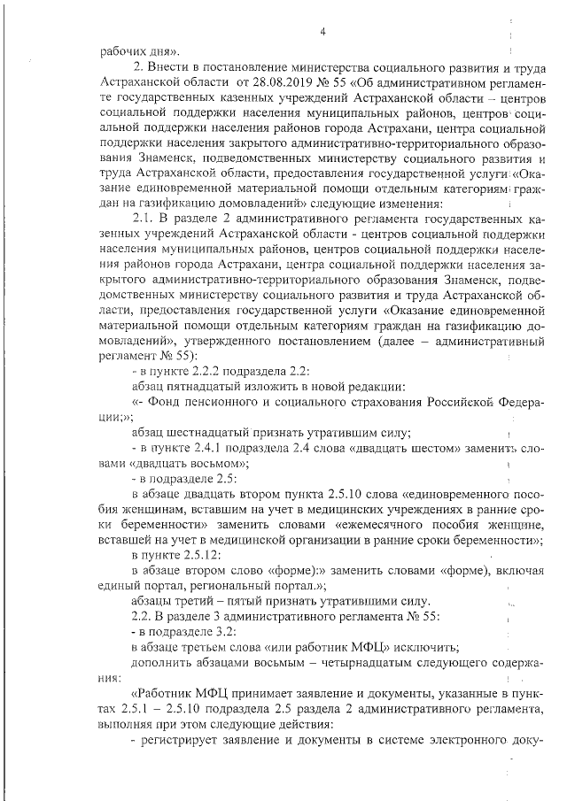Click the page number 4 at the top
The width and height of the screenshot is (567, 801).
[x=323, y=33]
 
